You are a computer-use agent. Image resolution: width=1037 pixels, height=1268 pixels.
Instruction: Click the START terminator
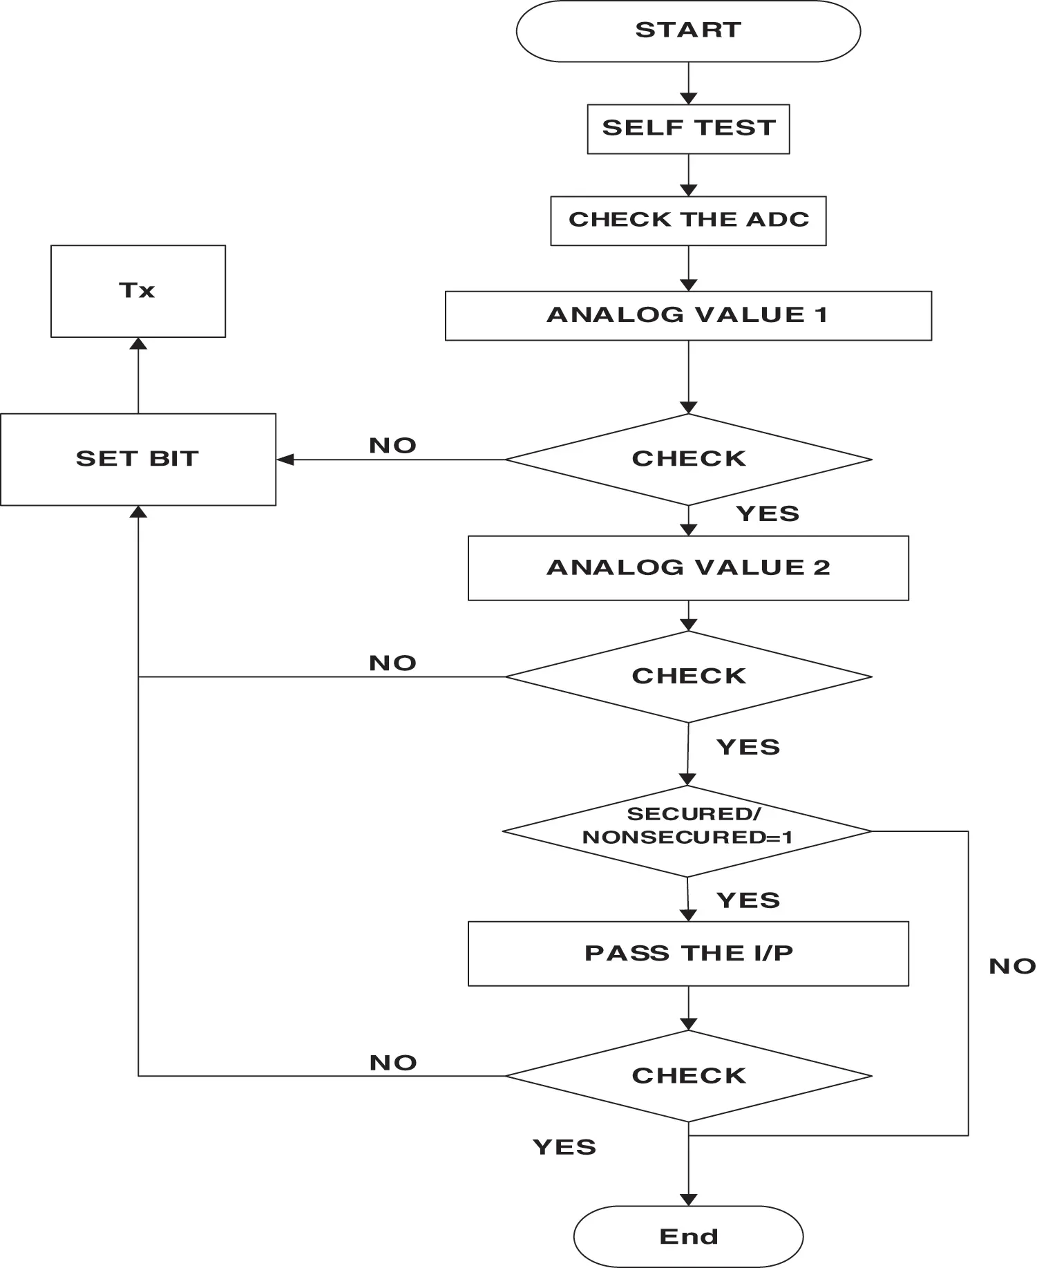(688, 31)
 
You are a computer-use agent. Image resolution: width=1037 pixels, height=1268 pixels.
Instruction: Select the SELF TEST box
(688, 129)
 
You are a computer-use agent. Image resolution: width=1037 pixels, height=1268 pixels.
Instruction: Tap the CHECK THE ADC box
(688, 221)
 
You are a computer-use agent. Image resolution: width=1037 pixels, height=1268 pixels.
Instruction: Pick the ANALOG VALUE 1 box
(688, 316)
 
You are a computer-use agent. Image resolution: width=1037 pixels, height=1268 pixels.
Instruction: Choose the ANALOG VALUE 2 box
(688, 568)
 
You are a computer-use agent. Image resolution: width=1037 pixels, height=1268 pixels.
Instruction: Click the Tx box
(138, 291)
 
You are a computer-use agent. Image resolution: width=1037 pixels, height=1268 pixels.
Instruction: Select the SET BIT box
(138, 460)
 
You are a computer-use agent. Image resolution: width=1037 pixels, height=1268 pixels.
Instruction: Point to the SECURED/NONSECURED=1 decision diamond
(687, 831)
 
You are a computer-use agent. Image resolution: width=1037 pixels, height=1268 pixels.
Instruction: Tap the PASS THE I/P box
(688, 954)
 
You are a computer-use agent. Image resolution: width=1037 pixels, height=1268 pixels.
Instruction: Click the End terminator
(688, 1236)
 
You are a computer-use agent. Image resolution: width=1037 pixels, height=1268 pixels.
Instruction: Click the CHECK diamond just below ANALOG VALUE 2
(688, 677)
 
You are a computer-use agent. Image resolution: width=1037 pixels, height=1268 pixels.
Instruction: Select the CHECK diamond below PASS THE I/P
(688, 1076)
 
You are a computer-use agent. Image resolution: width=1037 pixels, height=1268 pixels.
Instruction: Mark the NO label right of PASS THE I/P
(1012, 966)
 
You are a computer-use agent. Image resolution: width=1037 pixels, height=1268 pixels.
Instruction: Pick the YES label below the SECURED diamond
(748, 900)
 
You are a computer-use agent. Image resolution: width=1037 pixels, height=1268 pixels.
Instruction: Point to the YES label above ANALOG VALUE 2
(768, 513)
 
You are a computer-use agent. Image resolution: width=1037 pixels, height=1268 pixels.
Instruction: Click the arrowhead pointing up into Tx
(138, 343)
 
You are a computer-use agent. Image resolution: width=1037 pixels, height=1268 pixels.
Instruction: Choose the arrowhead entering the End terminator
(688, 1200)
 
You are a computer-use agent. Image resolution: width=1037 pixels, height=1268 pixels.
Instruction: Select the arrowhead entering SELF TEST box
(688, 98)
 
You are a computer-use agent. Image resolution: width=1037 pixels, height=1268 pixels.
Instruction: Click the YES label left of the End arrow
(564, 1147)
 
